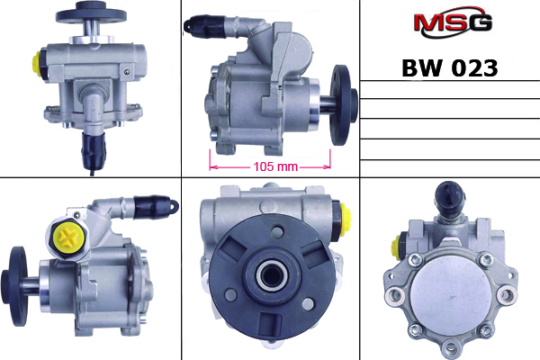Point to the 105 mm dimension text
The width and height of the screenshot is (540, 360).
click(269, 166)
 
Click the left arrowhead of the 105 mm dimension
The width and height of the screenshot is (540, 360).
click(212, 166)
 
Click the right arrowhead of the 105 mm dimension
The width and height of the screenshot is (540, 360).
click(328, 166)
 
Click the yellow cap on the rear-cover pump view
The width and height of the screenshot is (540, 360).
click(398, 245)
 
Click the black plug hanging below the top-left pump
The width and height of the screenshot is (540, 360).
click(92, 148)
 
